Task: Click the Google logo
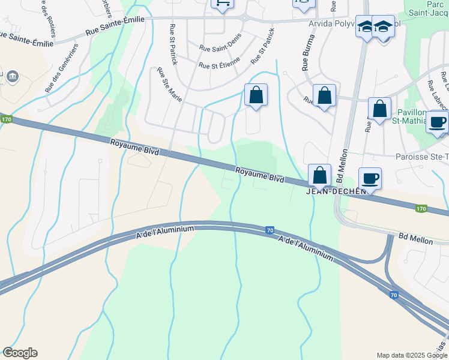pyautogui.click(x=19, y=353)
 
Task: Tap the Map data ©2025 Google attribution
pyautogui.click(x=411, y=355)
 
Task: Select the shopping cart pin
pyautogui.click(x=223, y=4)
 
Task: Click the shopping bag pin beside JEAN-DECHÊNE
pyautogui.click(x=320, y=175)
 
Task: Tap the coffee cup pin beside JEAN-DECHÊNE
pyautogui.click(x=370, y=178)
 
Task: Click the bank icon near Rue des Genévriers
pyautogui.click(x=12, y=76)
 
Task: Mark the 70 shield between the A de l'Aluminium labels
pyautogui.click(x=270, y=229)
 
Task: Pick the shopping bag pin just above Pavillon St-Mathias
pyautogui.click(x=379, y=109)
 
